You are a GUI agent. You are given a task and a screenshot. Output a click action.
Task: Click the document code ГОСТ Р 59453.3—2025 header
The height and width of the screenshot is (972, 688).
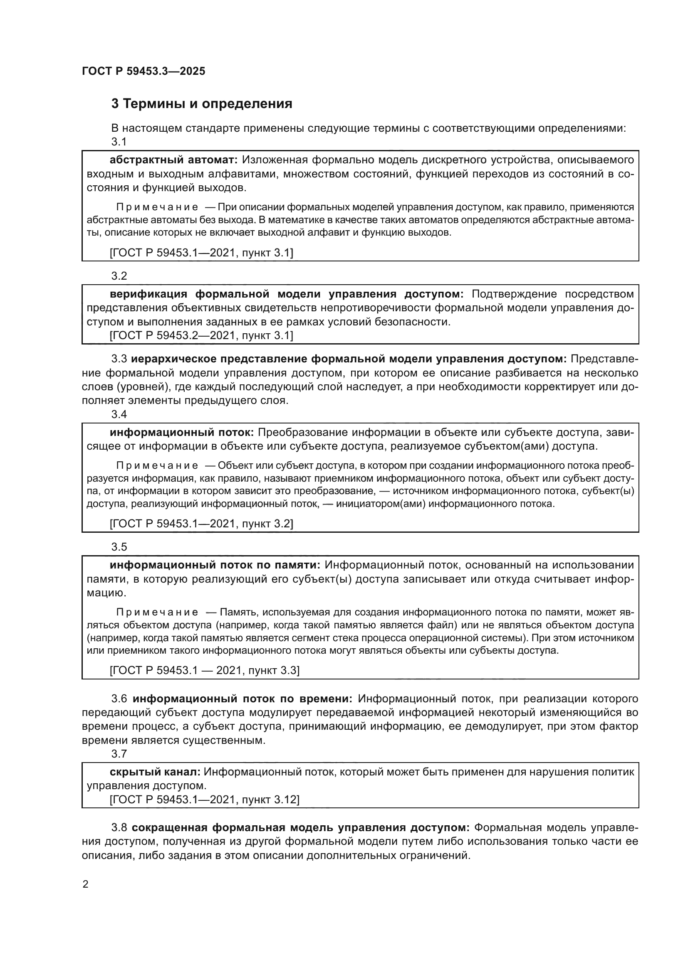point(143,71)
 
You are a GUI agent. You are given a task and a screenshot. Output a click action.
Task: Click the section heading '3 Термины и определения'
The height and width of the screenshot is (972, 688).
point(202,104)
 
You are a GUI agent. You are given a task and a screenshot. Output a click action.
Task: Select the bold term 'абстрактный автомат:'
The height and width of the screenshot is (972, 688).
point(174,160)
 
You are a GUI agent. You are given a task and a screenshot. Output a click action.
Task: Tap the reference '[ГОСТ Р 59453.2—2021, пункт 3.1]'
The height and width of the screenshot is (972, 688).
point(201,335)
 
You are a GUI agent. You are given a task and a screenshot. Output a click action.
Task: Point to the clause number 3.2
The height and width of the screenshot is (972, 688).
point(119,276)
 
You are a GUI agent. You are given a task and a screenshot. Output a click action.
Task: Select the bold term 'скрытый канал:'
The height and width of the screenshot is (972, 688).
point(155,772)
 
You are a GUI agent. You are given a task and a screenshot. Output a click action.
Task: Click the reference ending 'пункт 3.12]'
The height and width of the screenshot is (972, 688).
point(204,800)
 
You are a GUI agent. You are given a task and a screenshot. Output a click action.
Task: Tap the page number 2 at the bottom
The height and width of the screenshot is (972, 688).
point(86,884)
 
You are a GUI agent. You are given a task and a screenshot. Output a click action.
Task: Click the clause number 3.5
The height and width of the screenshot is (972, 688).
point(119,547)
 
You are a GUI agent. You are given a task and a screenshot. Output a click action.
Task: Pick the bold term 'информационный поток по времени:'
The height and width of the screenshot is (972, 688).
point(243,699)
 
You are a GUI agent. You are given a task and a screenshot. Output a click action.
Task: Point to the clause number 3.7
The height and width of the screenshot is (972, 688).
point(119,753)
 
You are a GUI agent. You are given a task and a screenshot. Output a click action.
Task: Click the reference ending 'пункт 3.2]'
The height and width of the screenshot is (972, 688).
point(201,524)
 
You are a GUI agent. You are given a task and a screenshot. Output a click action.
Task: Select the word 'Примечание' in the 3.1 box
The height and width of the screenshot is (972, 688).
point(157,207)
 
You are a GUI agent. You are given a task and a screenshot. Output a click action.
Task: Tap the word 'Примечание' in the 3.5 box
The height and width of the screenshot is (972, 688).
point(157,612)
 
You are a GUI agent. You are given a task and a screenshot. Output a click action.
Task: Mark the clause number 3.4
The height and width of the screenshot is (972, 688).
point(119,414)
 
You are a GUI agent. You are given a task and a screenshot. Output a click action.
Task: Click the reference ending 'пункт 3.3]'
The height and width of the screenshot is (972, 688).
point(204,670)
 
